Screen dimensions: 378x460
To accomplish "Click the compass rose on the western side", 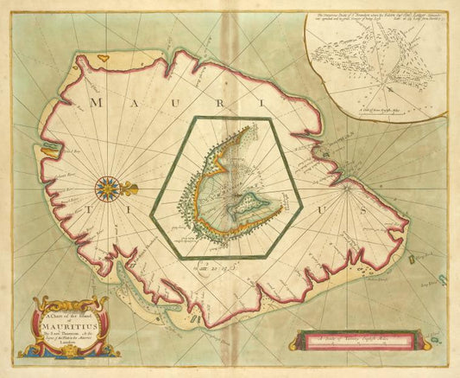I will (x=110, y=186).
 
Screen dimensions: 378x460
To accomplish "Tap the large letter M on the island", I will (x=96, y=103).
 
